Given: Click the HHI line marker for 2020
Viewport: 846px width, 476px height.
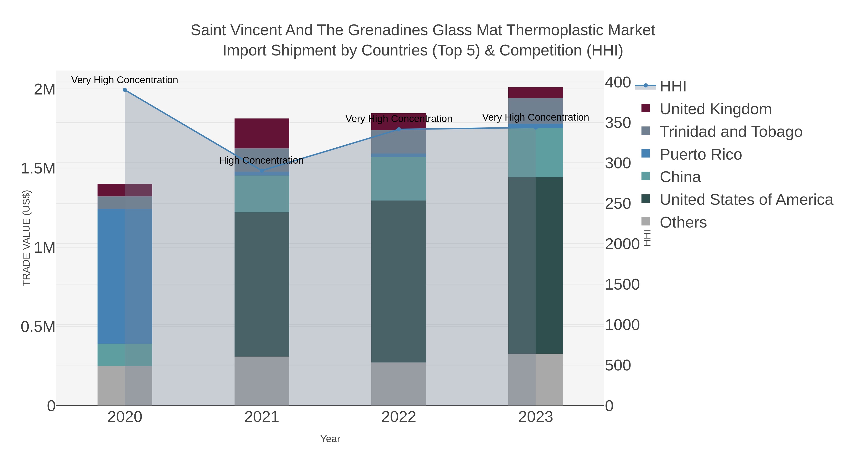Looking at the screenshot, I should tap(125, 90).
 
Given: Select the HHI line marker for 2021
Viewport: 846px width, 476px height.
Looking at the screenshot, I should tap(262, 171).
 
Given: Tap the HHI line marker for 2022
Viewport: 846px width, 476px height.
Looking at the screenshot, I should tap(399, 130).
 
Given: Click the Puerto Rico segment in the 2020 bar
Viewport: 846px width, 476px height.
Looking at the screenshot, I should tap(125, 276).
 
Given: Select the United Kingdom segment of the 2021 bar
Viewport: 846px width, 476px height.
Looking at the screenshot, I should tap(262, 133).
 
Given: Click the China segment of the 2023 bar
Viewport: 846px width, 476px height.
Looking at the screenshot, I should tap(536, 152).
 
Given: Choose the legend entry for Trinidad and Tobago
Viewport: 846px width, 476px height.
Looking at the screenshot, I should tap(731, 132).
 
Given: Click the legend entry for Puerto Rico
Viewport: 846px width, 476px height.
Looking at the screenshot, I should tap(701, 154).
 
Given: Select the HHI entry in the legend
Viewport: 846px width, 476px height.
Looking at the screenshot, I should tap(673, 87).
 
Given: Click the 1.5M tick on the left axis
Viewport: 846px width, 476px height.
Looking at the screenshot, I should tap(38, 169).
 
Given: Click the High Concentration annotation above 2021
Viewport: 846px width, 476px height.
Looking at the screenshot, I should tap(261, 160).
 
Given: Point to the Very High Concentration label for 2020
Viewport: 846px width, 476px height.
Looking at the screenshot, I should tap(125, 80).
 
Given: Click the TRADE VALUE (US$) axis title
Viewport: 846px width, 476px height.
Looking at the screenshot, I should tap(26, 238).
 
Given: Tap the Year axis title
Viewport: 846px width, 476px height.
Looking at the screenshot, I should tap(330, 439).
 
